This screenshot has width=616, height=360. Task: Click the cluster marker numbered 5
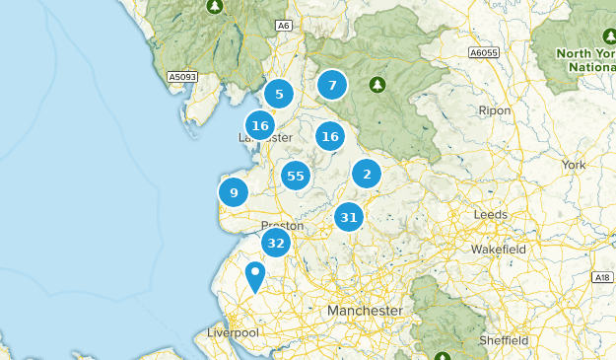(x=279, y=95)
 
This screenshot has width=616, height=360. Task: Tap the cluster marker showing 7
(x=332, y=85)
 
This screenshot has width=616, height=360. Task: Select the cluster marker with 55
(x=295, y=177)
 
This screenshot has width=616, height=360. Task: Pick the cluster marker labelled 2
(x=367, y=175)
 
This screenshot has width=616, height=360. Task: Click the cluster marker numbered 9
(x=234, y=192)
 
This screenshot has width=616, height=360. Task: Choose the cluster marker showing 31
(x=349, y=217)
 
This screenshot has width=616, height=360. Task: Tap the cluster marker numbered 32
(x=276, y=244)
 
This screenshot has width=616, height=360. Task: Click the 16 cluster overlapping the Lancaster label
(x=260, y=126)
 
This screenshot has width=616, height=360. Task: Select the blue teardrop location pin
(x=255, y=275)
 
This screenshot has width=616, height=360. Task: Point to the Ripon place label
(x=494, y=111)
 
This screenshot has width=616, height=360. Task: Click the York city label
(x=573, y=164)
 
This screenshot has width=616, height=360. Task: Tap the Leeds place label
(x=490, y=214)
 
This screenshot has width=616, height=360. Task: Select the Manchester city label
(x=366, y=310)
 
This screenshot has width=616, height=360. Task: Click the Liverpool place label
(x=233, y=332)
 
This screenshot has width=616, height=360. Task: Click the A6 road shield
(x=284, y=26)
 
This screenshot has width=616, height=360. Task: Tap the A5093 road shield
(x=182, y=76)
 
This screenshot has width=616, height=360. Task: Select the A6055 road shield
(x=484, y=52)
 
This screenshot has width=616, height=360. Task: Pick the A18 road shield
(x=602, y=279)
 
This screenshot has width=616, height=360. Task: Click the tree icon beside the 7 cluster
(x=376, y=85)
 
